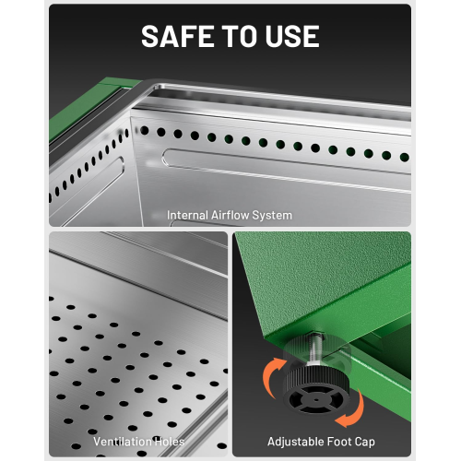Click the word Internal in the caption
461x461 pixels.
coord(187,215)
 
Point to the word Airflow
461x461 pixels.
coord(230,215)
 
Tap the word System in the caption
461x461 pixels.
coord(272,216)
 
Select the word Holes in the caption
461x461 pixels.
coord(170,442)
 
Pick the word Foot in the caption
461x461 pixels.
coord(335,442)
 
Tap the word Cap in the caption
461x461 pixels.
coord(365,443)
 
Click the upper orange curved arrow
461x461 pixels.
coord(270,374)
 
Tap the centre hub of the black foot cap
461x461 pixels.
coord(316,400)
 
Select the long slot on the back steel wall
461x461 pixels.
coord(286,171)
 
